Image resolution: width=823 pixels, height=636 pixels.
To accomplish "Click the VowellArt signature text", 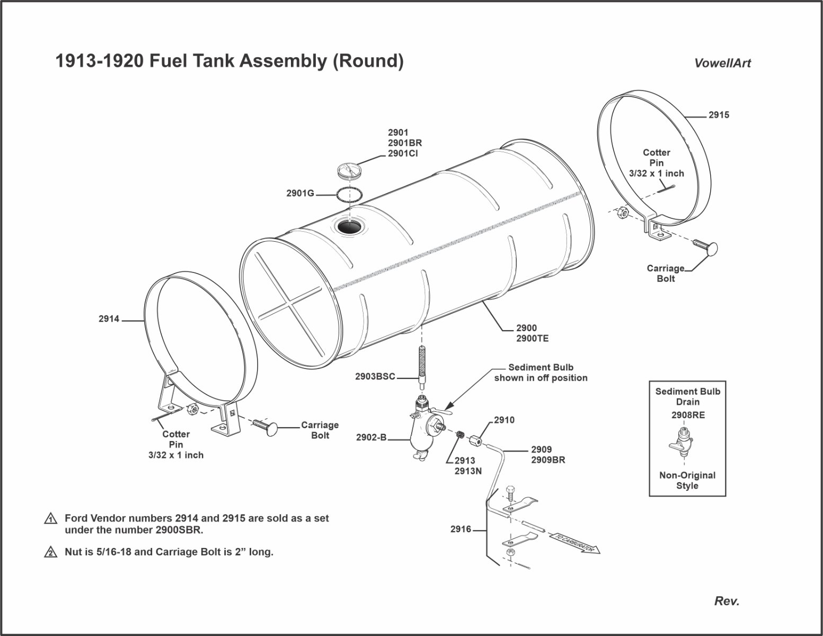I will [x=722, y=63].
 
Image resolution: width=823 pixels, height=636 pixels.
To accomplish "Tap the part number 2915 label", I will [x=719, y=115].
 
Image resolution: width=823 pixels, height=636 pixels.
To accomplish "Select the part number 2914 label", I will [x=109, y=319].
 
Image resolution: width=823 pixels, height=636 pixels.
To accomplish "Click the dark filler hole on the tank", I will [x=349, y=227].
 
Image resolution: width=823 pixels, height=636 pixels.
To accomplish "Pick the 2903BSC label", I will [x=375, y=377].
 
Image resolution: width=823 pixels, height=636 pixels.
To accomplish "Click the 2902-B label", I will [x=371, y=438].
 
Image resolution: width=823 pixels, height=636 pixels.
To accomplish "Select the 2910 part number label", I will [x=504, y=420].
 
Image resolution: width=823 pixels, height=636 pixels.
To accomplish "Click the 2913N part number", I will [x=468, y=471].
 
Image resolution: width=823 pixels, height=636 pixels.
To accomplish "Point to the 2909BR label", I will [x=548, y=460].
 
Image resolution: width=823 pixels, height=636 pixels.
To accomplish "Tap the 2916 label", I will [x=461, y=529].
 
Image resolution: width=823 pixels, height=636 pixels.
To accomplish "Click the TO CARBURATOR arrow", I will [x=574, y=544].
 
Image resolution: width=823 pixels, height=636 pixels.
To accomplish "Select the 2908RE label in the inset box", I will [x=688, y=416].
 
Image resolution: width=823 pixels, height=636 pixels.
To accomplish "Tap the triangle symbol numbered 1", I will [x=51, y=519].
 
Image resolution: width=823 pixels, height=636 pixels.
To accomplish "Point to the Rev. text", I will [x=727, y=601].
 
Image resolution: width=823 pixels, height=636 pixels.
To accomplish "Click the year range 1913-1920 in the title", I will [x=99, y=61].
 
